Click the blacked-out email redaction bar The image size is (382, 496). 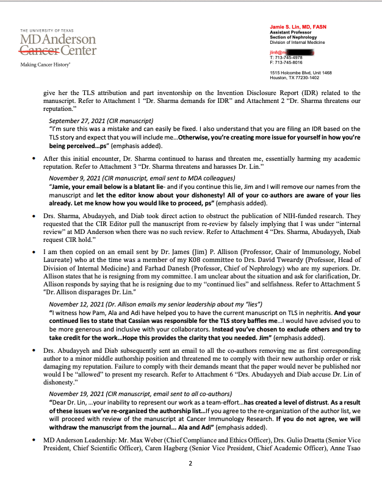tap(297, 53)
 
